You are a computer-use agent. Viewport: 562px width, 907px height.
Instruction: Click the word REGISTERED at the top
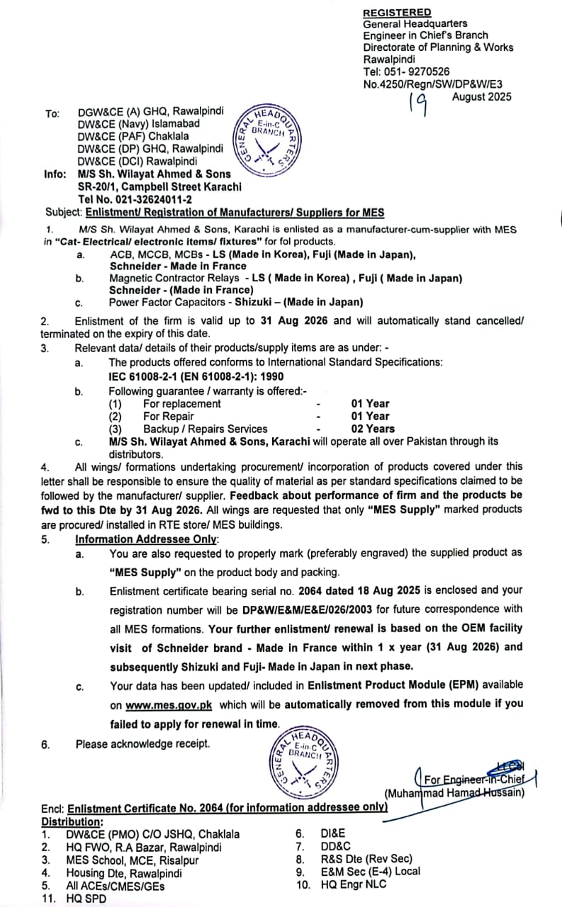[x=397, y=13]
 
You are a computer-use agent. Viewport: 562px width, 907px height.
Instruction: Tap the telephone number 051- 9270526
[x=417, y=72]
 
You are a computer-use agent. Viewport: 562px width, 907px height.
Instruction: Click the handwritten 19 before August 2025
[x=419, y=105]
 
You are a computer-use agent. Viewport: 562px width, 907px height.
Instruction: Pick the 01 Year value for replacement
[x=370, y=403]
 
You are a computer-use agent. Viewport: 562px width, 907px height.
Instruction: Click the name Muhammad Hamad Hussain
[x=454, y=793]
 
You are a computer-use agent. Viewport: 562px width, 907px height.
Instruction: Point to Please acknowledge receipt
[x=142, y=744]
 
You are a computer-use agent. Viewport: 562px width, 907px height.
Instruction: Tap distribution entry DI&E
[x=332, y=835]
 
